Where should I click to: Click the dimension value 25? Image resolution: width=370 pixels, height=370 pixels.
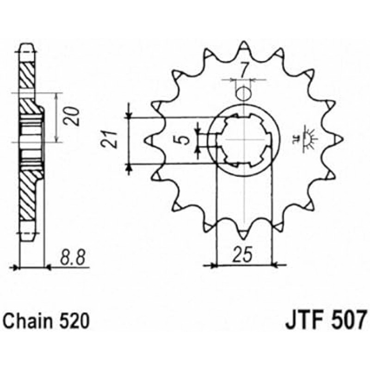click(243, 255)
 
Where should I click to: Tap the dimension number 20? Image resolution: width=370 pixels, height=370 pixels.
click(71, 117)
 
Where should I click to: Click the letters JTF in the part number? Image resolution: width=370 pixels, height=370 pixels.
click(303, 320)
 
